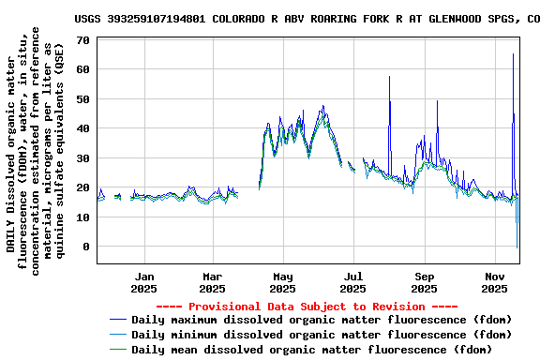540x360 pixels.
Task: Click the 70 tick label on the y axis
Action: coord(82,39)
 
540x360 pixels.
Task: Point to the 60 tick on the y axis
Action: coord(82,69)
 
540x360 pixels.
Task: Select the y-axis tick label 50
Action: coord(82,98)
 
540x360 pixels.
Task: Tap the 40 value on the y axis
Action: coord(82,128)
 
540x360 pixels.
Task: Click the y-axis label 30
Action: coord(82,157)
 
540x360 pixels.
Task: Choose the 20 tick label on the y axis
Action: coord(82,187)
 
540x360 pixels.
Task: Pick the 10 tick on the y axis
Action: coord(82,217)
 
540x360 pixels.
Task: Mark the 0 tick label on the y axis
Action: coord(85,247)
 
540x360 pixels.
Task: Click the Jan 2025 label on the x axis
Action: coord(144,282)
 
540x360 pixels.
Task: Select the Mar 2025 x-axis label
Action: coord(213,282)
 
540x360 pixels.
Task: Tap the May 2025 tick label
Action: coord(283,282)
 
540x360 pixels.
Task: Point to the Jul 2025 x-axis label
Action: coord(353,282)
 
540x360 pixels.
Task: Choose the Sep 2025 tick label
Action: coord(425,282)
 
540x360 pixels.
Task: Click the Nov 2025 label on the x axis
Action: coord(496,282)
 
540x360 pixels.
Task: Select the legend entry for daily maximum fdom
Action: coord(322,320)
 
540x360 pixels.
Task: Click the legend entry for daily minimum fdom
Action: coord(322,334)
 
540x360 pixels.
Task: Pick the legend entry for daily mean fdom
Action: coord(311,349)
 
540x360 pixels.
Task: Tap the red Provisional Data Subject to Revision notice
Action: coord(307,307)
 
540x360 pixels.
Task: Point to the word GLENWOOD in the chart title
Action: coord(448,18)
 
